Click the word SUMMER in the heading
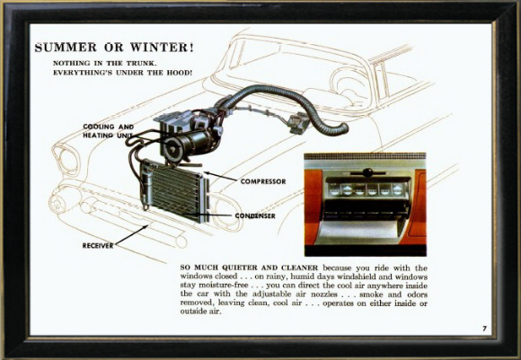[66, 48]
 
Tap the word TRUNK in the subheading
[141, 63]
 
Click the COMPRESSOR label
[263, 181]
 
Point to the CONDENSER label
[255, 215]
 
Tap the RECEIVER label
[98, 246]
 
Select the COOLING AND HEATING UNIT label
[109, 131]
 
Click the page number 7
[485, 329]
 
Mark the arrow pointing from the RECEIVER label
[131, 235]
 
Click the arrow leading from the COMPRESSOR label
[221, 177]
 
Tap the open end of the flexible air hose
[344, 128]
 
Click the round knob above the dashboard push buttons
[367, 172]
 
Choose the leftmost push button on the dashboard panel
[334, 190]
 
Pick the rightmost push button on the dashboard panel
[398, 190]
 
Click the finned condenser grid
[178, 189]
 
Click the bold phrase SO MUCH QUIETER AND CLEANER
[249, 268]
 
